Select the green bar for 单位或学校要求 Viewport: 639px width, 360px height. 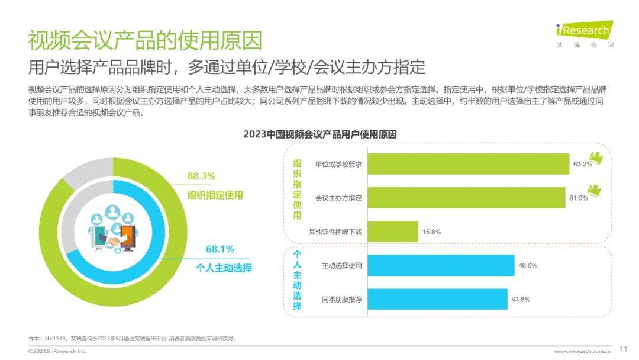(468, 163)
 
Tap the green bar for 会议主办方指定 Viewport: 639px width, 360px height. (466, 197)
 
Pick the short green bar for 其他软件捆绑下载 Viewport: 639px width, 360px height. (392, 231)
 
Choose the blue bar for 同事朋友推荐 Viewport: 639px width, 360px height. (437, 299)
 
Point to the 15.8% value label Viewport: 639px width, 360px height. (431, 231)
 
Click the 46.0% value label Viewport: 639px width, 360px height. (527, 265)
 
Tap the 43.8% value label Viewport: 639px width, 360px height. (521, 299)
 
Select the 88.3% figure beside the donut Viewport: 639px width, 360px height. (201, 176)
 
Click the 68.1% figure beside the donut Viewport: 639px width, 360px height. (220, 249)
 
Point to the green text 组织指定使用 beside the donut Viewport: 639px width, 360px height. (215, 195)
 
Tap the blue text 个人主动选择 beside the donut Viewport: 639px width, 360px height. (224, 268)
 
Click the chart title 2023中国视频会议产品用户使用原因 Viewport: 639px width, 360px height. (320, 134)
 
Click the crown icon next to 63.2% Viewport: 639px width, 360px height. (598, 158)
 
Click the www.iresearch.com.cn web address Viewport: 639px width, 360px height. (582, 351)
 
